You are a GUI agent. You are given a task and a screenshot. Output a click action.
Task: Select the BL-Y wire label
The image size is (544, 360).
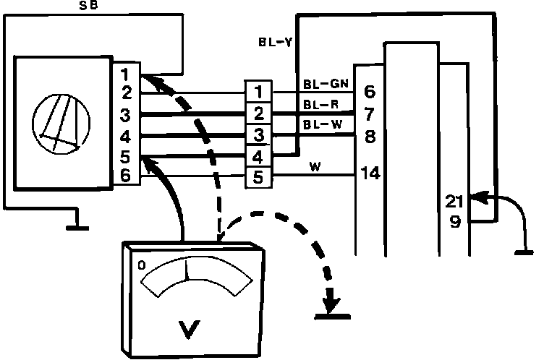tap(275, 41)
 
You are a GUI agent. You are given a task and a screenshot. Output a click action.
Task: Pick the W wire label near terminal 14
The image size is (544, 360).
tap(315, 167)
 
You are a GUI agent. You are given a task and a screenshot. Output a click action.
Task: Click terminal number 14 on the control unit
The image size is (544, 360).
tap(370, 174)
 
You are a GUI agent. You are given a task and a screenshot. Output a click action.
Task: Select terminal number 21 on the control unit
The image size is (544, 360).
tap(456, 199)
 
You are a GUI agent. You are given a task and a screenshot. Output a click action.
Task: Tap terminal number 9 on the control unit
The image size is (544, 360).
tap(456, 222)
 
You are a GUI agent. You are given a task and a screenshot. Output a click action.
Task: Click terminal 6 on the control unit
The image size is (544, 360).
tap(369, 92)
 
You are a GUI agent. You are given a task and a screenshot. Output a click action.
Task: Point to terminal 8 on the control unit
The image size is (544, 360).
tap(369, 135)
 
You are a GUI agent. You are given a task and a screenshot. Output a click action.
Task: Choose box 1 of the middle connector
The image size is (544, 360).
tap(258, 93)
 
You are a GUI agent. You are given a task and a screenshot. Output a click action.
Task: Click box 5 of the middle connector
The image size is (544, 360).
tap(258, 177)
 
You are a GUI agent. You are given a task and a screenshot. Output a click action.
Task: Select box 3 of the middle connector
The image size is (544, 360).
tap(258, 135)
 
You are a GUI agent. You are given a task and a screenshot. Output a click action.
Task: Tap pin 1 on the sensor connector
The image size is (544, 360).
tap(125, 73)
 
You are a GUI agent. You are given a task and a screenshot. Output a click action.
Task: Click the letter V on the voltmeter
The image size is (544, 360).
tap(190, 330)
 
